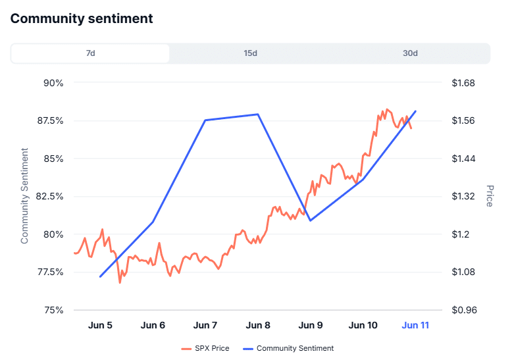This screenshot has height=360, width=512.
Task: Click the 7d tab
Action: (x=90, y=53)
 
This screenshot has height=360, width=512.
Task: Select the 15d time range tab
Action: (x=250, y=53)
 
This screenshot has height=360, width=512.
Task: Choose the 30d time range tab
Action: (x=410, y=53)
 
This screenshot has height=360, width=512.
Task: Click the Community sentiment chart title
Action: (x=82, y=18)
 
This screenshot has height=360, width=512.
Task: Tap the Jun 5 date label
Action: (x=100, y=325)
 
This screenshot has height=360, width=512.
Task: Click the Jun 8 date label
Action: (x=258, y=325)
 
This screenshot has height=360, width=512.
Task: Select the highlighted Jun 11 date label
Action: (x=415, y=325)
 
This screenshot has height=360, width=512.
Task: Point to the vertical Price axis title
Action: (x=489, y=196)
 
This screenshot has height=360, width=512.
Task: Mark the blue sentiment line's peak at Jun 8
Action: (x=258, y=115)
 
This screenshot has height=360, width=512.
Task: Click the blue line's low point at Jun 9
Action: (x=310, y=220)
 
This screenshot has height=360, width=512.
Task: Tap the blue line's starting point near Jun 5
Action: (x=100, y=276)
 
